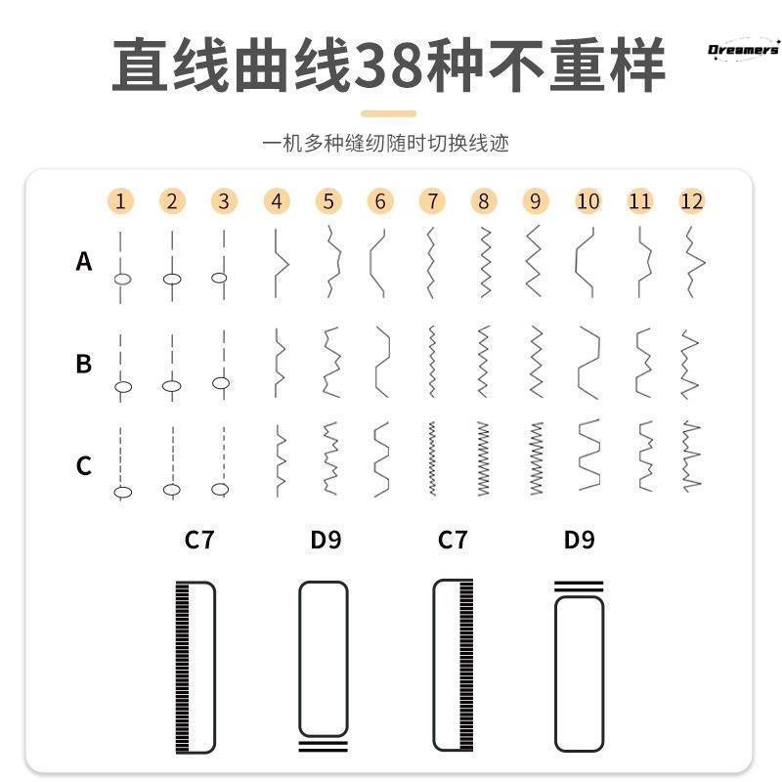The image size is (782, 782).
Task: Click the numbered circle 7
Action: (x=431, y=201)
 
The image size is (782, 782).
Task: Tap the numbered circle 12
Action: (x=692, y=201)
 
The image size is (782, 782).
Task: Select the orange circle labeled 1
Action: (x=120, y=201)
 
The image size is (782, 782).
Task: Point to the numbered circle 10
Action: (x=587, y=201)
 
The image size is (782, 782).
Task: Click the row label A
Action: (x=84, y=262)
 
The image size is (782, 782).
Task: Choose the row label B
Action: (x=84, y=364)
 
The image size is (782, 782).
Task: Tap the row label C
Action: (x=84, y=465)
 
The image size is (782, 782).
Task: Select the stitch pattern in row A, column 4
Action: (x=279, y=262)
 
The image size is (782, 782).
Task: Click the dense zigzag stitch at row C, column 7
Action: (x=431, y=458)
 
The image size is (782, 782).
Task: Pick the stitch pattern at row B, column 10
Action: (x=587, y=363)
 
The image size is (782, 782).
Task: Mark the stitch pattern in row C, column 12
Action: (x=692, y=456)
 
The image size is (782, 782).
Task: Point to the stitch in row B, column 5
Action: (x=329, y=363)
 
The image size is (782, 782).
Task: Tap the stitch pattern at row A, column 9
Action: (x=534, y=261)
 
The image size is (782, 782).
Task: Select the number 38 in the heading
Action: (x=389, y=66)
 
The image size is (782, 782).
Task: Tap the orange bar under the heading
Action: (x=389, y=113)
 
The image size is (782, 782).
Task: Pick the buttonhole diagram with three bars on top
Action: (x=579, y=665)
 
